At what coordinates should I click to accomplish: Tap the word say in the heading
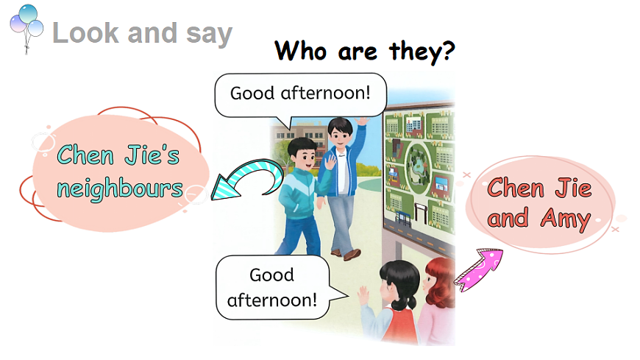pyautogui.click(x=207, y=33)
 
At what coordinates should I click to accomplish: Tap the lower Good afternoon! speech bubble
pyautogui.click(x=273, y=288)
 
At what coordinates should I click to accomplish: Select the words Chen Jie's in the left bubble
pyautogui.click(x=118, y=155)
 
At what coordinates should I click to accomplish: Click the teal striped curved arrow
pyautogui.click(x=246, y=180)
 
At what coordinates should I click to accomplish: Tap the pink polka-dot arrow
pyautogui.click(x=477, y=269)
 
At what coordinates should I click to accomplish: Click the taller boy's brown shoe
pyautogui.click(x=351, y=254)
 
